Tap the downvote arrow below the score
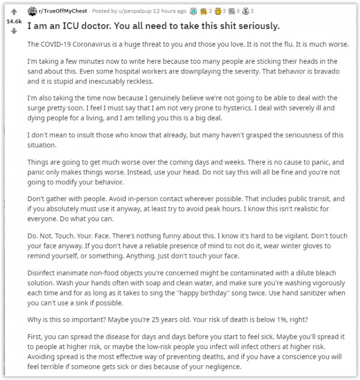[14, 30]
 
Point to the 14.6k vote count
[14, 22]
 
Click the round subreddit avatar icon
[32, 11]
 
